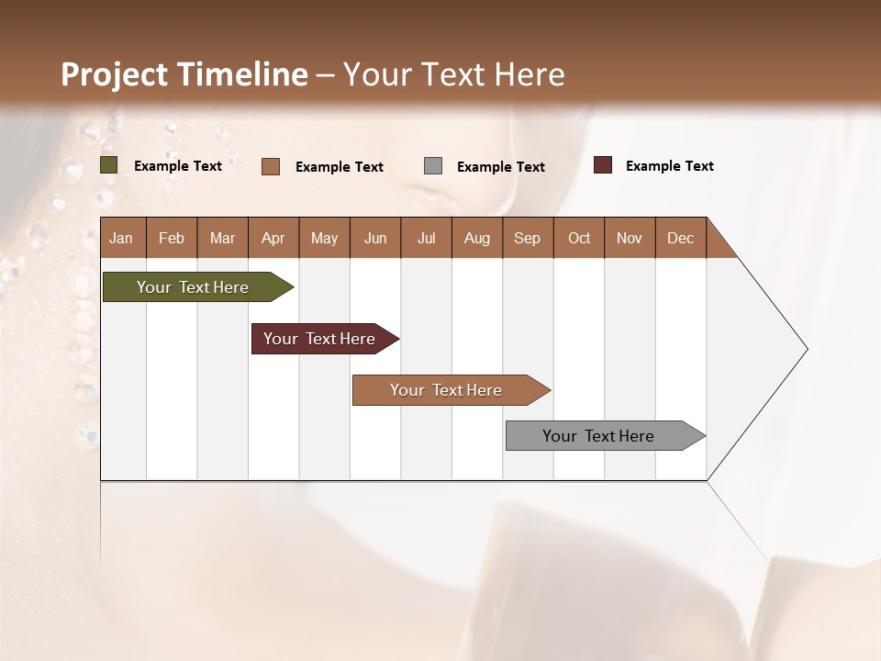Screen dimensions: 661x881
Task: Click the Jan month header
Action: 121,238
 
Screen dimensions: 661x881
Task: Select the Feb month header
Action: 172,238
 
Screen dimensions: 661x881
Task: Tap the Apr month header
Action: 273,238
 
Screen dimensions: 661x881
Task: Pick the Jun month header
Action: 375,238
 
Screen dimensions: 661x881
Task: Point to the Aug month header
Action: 476,238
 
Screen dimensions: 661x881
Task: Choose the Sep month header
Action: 527,238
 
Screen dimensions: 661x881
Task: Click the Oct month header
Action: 579,238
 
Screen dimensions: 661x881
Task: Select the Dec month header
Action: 680,238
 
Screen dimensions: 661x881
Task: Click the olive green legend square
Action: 109,165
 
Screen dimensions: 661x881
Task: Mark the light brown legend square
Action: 271,166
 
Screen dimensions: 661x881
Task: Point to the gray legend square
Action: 433,166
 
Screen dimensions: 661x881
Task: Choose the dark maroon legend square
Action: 603,165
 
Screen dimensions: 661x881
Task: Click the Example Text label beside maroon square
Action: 669,166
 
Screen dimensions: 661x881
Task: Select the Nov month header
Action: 630,238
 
